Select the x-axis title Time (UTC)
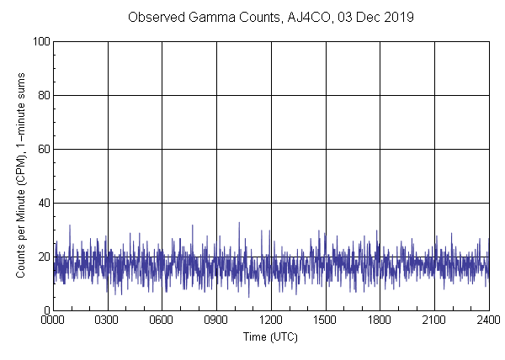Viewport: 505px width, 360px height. (270, 336)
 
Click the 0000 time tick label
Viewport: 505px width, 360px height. (53, 320)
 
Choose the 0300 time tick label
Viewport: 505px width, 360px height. (108, 320)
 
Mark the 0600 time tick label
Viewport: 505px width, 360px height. (162, 320)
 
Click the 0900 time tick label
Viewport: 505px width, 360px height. (216, 320)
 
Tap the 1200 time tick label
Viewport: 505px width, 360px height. (271, 320)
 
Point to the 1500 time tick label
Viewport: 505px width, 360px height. (326, 320)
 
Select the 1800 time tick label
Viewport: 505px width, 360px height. (380, 320)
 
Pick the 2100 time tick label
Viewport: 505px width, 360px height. (434, 320)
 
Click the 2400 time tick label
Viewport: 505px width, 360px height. (487, 320)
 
